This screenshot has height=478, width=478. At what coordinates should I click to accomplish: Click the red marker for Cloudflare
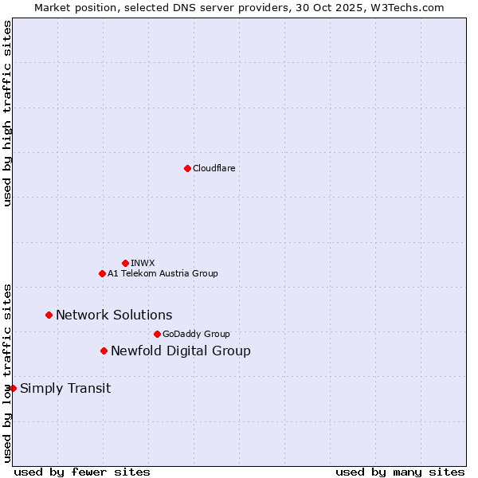[187, 168]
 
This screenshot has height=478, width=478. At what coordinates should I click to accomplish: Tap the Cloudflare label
[214, 168]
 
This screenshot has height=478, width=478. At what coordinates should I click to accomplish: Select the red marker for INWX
[125, 263]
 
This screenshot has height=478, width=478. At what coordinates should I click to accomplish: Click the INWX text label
[143, 263]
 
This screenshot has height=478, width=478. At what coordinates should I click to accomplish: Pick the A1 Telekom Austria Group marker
[102, 273]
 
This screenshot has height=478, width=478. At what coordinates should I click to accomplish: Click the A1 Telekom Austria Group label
[163, 273]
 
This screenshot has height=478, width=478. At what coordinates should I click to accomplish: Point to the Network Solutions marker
[49, 315]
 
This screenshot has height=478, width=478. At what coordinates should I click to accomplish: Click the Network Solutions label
[114, 315]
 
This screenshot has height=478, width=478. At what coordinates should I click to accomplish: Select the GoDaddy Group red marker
[157, 334]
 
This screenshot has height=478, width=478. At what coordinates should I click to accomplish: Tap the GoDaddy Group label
[196, 334]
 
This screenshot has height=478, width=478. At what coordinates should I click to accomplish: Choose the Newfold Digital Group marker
[104, 351]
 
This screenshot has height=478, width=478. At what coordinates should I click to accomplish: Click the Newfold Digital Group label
[180, 351]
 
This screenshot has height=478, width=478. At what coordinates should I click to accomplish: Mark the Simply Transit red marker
[13, 388]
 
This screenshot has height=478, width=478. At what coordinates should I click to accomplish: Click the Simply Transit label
[65, 389]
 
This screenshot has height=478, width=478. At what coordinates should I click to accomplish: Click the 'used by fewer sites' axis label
[82, 472]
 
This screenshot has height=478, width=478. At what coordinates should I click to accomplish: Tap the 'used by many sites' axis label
[400, 472]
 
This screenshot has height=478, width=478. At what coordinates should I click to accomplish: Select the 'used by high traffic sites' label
[7, 114]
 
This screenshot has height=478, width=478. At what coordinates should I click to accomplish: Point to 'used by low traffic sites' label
[7, 373]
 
